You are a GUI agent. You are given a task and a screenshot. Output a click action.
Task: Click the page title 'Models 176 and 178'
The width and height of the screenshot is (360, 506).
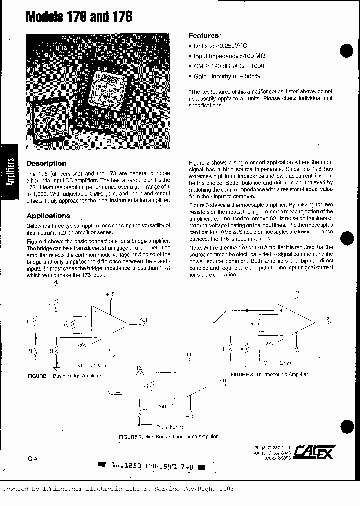click(79, 17)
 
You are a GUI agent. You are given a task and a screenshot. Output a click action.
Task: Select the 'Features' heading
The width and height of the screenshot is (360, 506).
click(204, 36)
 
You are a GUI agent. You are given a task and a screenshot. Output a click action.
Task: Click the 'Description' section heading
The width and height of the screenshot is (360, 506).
click(46, 163)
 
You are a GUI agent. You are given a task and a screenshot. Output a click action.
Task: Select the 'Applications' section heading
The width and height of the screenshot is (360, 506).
click(48, 216)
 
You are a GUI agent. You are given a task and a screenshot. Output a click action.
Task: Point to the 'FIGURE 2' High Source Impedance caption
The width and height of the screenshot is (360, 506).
click(168, 436)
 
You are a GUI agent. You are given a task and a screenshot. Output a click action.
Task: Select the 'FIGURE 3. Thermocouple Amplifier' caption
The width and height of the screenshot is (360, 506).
click(269, 374)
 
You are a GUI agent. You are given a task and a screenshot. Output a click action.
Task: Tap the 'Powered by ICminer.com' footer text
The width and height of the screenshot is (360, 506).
click(118, 489)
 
